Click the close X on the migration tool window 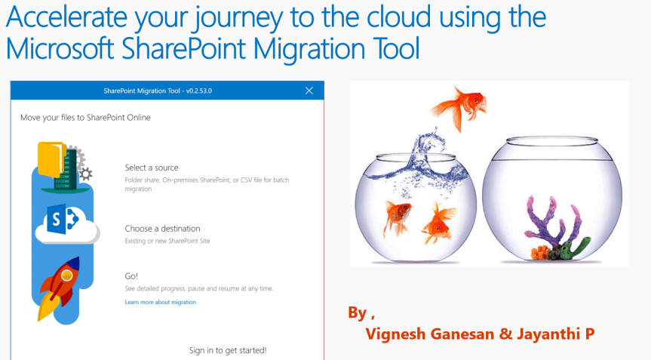point(309,91)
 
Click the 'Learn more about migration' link point(160,302)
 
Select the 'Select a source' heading point(152,168)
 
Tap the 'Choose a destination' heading point(162,229)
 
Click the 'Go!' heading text point(131,276)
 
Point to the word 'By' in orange point(358,312)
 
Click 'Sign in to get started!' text point(228,350)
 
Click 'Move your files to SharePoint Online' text point(85,117)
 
